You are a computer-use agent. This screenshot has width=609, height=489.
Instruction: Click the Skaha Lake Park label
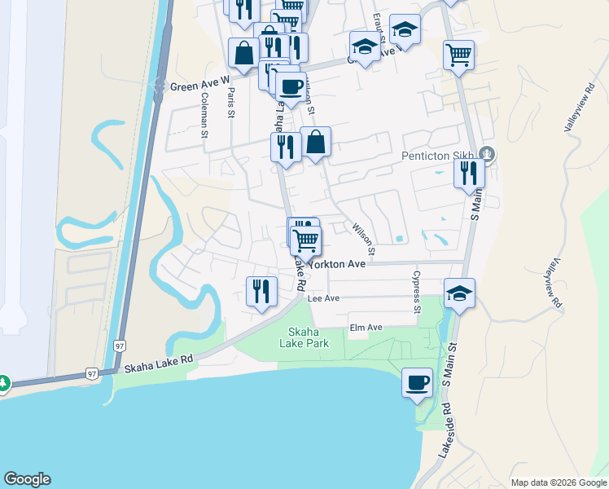[x=309, y=337]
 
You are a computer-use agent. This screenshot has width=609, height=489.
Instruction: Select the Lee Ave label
[x=324, y=299]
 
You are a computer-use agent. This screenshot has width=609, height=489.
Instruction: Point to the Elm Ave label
[x=366, y=328]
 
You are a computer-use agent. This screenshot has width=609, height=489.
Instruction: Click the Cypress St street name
[x=417, y=293]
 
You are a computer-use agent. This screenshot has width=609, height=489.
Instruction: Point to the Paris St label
[x=231, y=104]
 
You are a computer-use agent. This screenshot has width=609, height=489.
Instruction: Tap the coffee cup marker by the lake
[x=417, y=381]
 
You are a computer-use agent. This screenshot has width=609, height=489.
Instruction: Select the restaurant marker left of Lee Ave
[x=261, y=291]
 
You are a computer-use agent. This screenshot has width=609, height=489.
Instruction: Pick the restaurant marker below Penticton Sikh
[x=468, y=173]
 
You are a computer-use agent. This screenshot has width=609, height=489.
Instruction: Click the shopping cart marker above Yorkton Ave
[x=306, y=240]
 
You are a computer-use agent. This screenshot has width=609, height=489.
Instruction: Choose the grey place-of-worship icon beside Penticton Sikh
[x=487, y=152]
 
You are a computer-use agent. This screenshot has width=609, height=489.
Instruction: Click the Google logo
[x=27, y=479]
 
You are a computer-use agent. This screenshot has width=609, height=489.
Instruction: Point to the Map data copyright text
[x=559, y=482]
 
